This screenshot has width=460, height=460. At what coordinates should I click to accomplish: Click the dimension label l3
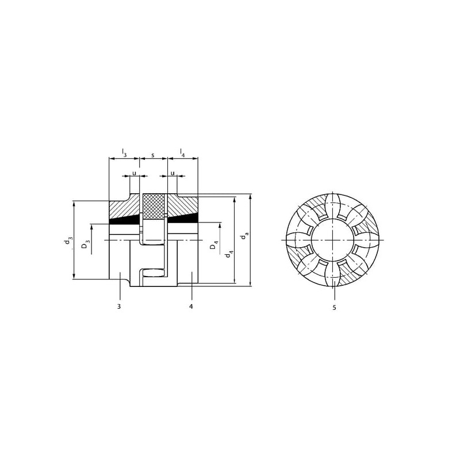coord(124,153)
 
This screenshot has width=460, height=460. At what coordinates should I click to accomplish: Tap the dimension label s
coord(153,154)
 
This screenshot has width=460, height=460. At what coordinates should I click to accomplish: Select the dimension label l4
coord(182,153)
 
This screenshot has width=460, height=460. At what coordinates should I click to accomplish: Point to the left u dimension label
coord(135,173)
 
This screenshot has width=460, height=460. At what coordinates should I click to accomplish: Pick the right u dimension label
coord(172,173)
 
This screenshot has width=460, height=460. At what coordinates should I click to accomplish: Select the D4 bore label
coord(214,246)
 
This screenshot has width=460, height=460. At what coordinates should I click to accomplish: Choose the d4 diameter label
coord(229,254)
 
